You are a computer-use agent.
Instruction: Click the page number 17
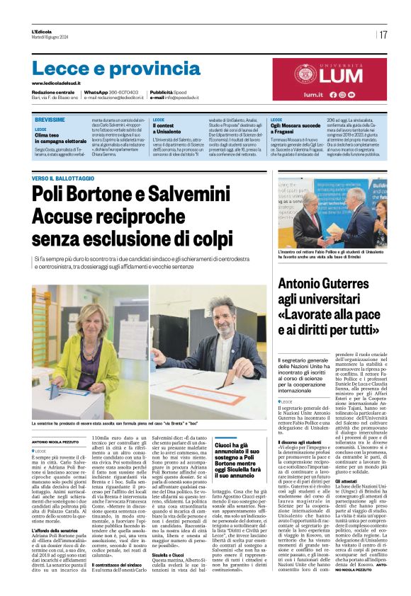click(x=383, y=35)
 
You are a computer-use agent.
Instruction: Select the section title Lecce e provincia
click(x=106, y=69)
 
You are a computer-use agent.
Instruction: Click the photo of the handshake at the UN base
click(x=332, y=212)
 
